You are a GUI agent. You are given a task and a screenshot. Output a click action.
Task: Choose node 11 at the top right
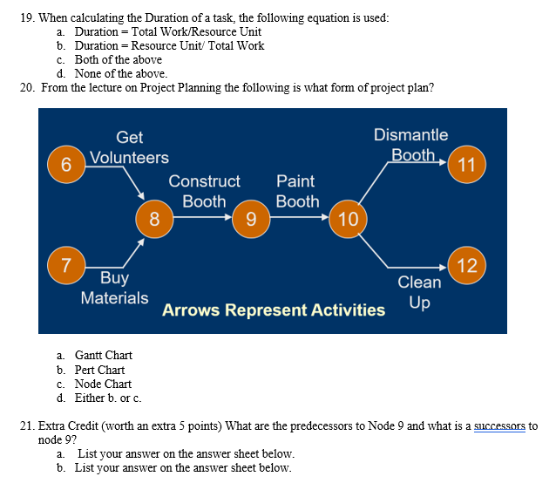click(466, 164)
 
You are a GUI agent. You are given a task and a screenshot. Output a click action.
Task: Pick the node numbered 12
click(466, 264)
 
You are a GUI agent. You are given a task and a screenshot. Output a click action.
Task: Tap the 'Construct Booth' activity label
click(204, 191)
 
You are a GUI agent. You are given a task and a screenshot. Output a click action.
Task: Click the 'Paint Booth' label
click(297, 191)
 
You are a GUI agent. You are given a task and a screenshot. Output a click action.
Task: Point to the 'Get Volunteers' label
click(129, 147)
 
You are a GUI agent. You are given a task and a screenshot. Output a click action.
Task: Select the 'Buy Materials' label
click(114, 288)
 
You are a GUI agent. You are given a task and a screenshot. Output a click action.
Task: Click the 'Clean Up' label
click(419, 292)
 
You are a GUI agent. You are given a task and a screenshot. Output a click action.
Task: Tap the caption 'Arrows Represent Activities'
click(273, 310)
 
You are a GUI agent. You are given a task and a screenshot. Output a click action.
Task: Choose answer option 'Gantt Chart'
click(103, 355)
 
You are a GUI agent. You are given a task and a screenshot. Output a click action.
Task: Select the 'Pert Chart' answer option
click(99, 370)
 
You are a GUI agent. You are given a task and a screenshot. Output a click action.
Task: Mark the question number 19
click(25, 17)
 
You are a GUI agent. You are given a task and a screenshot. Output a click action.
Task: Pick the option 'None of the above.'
click(120, 73)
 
